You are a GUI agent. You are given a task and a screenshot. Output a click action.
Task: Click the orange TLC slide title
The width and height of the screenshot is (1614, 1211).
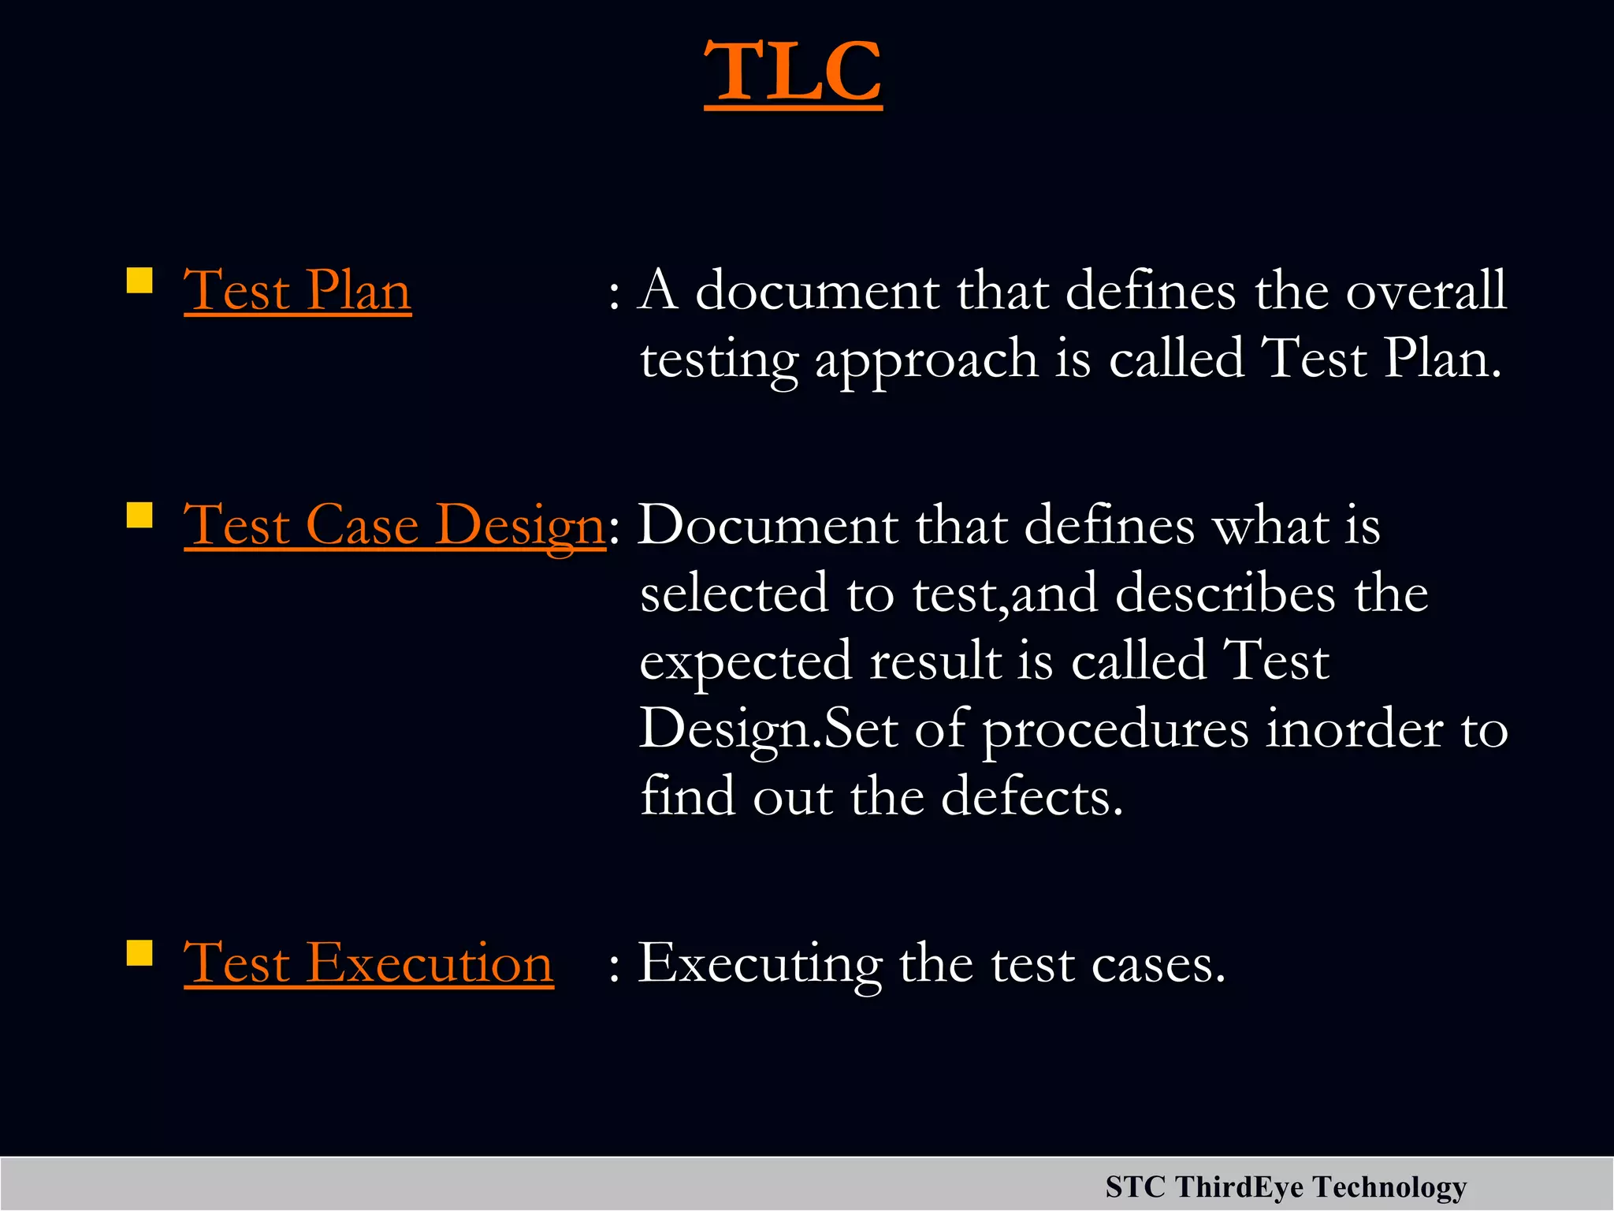(793, 73)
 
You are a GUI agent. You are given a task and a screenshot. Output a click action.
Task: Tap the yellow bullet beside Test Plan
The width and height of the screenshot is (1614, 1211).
(139, 281)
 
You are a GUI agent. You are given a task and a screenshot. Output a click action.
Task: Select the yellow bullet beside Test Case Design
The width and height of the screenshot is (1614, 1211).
(139, 516)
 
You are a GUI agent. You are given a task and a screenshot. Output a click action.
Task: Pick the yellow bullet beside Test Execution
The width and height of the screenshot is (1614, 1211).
(139, 952)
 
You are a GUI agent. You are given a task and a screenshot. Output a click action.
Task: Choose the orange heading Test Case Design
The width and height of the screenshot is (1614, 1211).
(394, 525)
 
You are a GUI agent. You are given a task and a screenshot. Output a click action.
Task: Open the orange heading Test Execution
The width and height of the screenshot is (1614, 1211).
(368, 963)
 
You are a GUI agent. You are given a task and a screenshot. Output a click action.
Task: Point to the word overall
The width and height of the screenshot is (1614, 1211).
(1426, 290)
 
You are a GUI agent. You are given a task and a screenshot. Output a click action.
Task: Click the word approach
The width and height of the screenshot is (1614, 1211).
(926, 360)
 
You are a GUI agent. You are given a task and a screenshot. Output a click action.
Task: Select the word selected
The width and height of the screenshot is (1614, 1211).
(734, 593)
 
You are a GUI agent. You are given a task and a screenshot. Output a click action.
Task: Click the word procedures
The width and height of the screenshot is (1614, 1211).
(1115, 730)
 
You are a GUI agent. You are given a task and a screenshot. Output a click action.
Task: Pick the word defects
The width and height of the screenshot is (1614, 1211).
(1032, 797)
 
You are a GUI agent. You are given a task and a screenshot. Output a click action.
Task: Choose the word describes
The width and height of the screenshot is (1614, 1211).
(1225, 593)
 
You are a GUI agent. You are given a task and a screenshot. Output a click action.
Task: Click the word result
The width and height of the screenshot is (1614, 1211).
(935, 661)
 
